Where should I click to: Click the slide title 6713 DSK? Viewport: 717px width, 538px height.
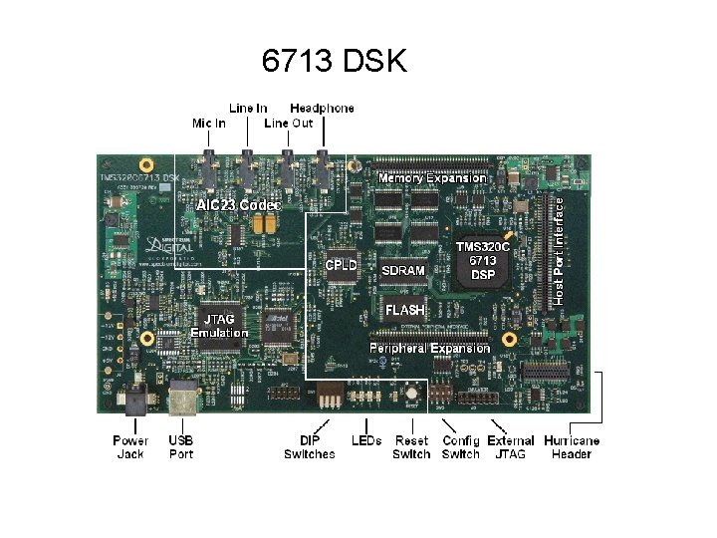pos(334,62)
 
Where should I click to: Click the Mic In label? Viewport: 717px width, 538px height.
pos(208,123)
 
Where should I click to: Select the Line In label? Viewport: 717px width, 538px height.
pos(249,108)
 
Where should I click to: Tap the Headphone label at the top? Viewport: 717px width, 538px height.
pos(321,108)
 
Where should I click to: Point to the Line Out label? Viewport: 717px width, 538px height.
pos(289,123)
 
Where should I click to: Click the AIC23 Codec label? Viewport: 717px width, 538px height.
pos(239,204)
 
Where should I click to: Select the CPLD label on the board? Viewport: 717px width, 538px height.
pos(342,266)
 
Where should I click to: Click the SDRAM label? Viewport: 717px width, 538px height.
pos(403,270)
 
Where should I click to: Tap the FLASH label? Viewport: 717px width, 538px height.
pos(405,310)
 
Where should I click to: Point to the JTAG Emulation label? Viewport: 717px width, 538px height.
pos(219,326)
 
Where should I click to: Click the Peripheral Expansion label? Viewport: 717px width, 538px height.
pos(429,348)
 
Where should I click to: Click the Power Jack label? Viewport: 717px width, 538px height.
pos(130,447)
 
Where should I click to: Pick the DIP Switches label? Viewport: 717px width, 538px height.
pos(310,447)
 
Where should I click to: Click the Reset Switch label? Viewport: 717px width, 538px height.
pos(411,447)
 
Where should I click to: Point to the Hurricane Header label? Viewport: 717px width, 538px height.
pos(572,447)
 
